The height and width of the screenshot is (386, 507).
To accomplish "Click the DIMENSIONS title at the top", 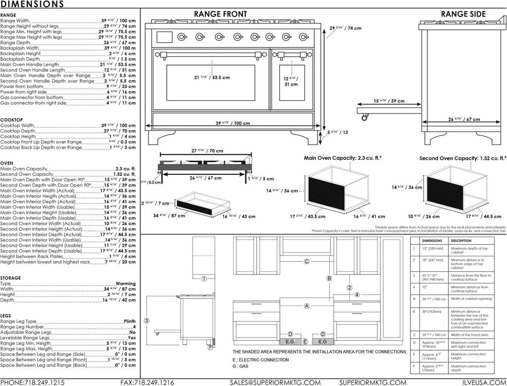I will point(31,4).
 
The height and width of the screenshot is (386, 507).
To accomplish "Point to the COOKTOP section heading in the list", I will point(11,119).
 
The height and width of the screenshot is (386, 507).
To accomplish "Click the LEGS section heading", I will point(7,315).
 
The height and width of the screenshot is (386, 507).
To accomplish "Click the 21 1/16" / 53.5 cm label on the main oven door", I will point(201,78).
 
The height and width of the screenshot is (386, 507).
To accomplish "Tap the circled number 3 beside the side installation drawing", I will point(146,320).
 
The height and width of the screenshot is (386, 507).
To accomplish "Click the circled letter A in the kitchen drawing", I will point(306,305).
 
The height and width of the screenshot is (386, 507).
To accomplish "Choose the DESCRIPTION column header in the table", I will point(461,240).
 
